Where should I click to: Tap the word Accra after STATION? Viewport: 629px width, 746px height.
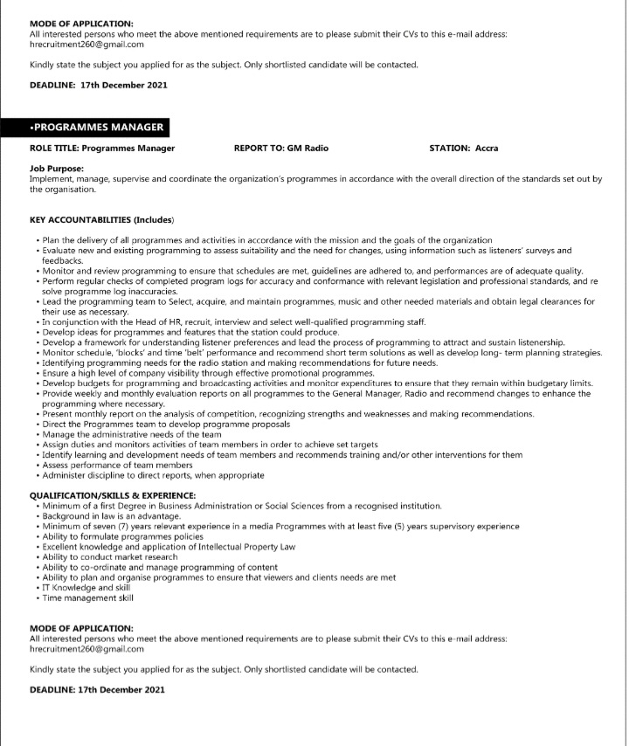tap(487, 149)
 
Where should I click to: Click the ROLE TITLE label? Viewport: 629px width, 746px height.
tap(54, 149)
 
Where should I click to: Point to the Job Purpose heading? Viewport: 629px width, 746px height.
tap(56, 169)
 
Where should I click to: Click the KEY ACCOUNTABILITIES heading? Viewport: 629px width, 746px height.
tap(101, 219)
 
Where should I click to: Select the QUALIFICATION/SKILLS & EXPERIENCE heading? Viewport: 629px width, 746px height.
tap(112, 495)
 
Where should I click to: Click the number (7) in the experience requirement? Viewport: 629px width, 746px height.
tap(119, 527)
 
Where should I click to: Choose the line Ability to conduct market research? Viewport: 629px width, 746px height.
tap(109, 557)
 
